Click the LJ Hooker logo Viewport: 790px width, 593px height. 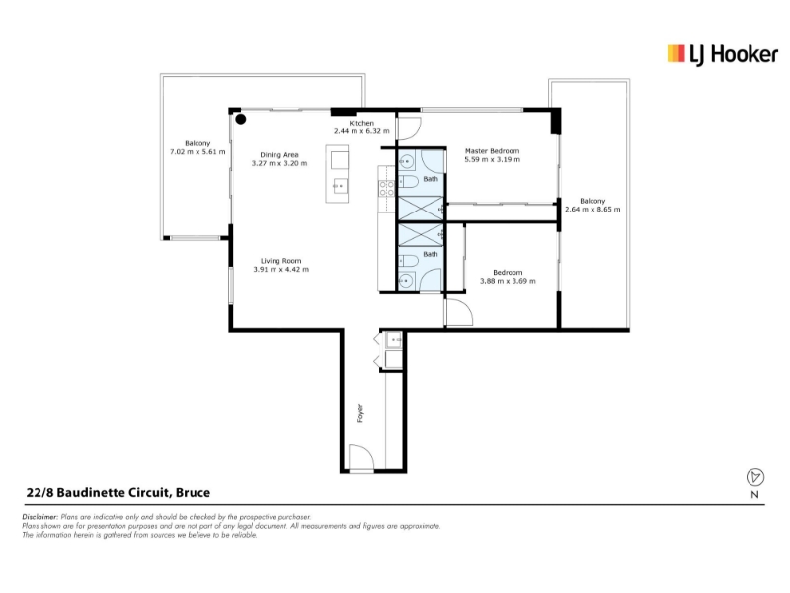[722, 54]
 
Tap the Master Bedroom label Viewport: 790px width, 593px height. [492, 151]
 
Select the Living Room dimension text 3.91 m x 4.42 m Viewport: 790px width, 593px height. [281, 269]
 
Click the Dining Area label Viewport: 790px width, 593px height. [279, 155]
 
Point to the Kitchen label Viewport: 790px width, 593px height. [361, 123]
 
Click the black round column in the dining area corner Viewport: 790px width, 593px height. [241, 119]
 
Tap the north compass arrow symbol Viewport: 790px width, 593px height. [754, 477]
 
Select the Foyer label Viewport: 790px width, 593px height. [360, 413]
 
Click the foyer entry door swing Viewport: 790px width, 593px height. [361, 458]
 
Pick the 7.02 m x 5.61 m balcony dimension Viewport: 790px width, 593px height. [197, 152]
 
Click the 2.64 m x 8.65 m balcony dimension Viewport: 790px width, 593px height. [592, 210]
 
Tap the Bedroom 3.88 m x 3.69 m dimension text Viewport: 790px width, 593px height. [508, 281]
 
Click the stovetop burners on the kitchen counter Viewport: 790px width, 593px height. [387, 189]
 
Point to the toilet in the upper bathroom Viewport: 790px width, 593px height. [408, 181]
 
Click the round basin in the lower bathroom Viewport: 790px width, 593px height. [406, 280]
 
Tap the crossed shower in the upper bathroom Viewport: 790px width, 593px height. [421, 208]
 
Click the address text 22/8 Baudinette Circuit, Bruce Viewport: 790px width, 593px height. [118, 492]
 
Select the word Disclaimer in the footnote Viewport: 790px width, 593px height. [40, 517]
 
